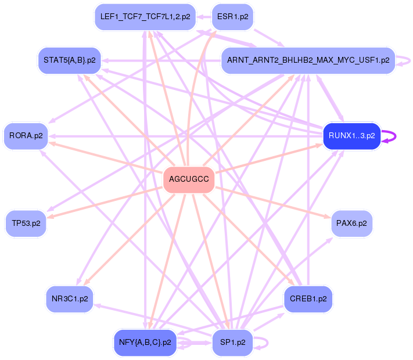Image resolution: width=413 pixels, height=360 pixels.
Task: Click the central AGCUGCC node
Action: (189, 179)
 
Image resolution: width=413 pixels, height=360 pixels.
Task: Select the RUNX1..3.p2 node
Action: (351, 136)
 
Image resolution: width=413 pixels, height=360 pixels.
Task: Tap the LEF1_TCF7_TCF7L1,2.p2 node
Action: (145, 17)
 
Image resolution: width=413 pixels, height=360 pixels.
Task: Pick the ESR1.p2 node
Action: (232, 17)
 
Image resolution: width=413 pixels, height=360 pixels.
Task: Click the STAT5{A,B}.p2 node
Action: (70, 60)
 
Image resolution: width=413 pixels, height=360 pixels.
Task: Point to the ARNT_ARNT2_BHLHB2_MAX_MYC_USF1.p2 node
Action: (308, 60)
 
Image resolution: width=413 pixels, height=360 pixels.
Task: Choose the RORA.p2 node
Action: (26, 136)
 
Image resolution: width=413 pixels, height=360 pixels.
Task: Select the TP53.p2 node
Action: (26, 224)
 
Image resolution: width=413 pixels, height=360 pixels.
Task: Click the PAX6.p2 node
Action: (351, 222)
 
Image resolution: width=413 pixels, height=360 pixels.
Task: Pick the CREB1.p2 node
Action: (308, 299)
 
